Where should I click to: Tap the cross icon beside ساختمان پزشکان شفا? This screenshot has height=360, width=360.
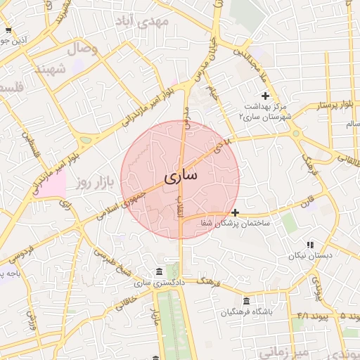234,212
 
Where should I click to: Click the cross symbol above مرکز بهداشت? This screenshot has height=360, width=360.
265,96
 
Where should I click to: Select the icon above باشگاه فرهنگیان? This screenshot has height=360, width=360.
246,301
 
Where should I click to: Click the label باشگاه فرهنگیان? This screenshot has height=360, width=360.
247,312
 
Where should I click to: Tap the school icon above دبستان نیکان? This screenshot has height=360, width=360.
310,245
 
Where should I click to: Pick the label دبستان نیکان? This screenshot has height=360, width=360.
310,256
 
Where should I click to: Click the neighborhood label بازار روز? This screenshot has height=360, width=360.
94,184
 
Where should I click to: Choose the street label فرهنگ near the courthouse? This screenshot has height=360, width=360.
209,281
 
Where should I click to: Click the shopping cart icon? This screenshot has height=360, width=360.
8,30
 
